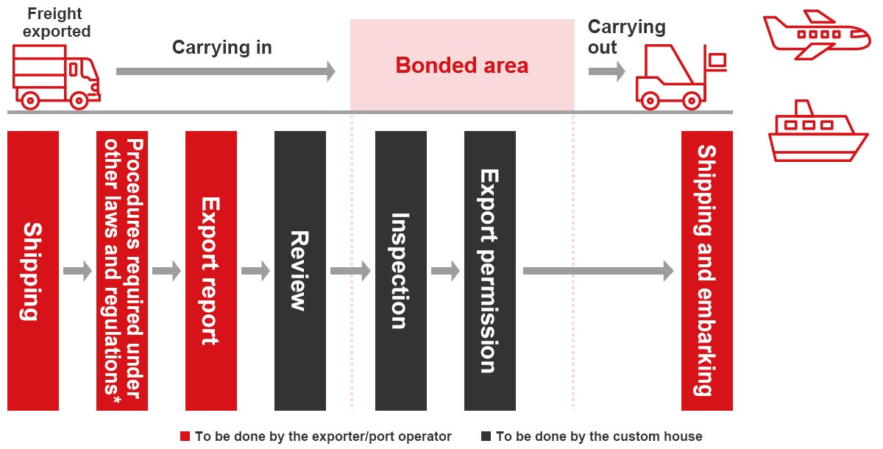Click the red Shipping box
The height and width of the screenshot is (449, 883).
point(33,271)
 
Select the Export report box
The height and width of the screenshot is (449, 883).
point(211,271)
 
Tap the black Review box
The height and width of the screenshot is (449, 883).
point(300,271)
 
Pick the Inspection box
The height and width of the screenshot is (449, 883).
point(401,271)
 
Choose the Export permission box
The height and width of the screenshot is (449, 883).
point(490,271)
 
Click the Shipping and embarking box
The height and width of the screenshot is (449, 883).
point(707,271)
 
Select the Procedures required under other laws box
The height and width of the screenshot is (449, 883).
point(122,271)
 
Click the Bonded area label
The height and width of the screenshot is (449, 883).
point(462,66)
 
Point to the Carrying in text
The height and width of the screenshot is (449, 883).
point(222,48)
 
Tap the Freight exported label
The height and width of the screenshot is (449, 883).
point(56,23)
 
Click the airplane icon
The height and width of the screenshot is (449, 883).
point(817,35)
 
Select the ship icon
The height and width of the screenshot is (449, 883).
point(818,131)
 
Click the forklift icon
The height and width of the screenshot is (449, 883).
point(681,77)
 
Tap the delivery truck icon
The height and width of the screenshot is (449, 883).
point(57,77)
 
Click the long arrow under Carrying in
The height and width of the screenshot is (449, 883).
point(226,71)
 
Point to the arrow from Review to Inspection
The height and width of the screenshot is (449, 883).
point(350,271)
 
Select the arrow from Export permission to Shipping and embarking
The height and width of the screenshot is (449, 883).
point(598,271)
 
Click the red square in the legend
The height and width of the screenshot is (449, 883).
point(185,436)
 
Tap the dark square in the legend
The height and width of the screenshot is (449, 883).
point(486,436)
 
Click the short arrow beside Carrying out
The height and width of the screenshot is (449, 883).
point(606,71)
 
